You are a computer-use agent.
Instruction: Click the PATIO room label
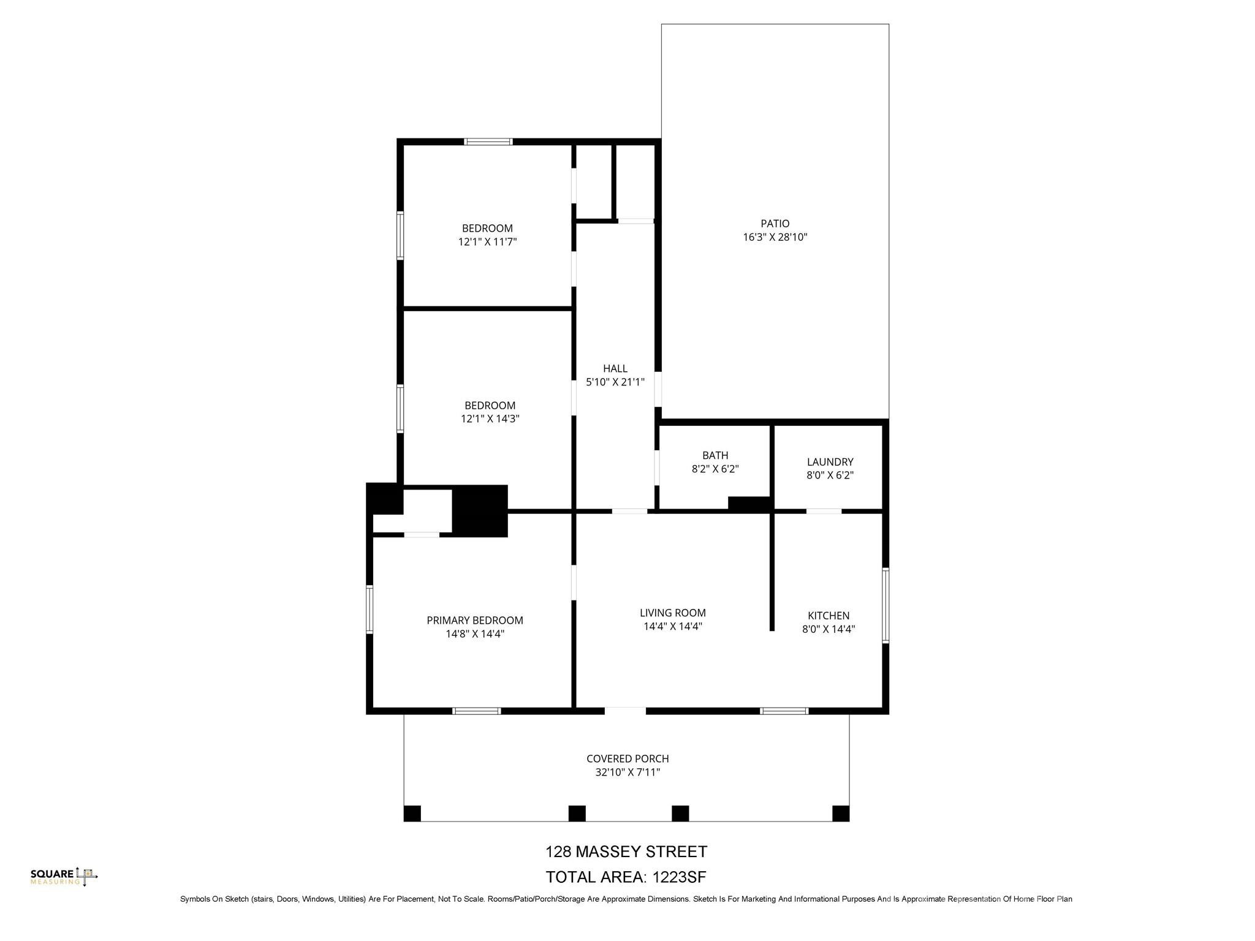point(775,224)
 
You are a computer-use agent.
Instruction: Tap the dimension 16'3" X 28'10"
point(775,237)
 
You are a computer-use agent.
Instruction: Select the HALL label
point(615,368)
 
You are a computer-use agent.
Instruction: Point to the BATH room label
point(715,455)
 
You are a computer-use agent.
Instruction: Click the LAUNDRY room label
point(830,462)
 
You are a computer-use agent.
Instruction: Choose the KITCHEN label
point(828,615)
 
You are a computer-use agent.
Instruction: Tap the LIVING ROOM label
point(672,613)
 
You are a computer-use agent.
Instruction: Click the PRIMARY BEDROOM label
point(475,620)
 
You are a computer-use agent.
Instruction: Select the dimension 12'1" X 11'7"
point(487,242)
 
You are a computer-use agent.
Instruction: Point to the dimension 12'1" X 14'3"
point(490,419)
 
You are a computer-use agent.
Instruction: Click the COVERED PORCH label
point(627,758)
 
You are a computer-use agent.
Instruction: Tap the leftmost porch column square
point(412,814)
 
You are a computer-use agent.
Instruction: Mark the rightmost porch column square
point(841,814)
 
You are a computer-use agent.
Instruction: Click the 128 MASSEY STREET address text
point(626,852)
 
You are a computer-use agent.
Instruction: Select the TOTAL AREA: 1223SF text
point(626,877)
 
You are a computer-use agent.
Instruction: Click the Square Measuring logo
point(64,877)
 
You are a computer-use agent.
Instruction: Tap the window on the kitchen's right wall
point(885,605)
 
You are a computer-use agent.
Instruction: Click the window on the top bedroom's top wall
point(488,142)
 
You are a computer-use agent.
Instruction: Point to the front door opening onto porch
point(625,711)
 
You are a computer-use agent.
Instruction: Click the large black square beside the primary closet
point(480,511)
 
